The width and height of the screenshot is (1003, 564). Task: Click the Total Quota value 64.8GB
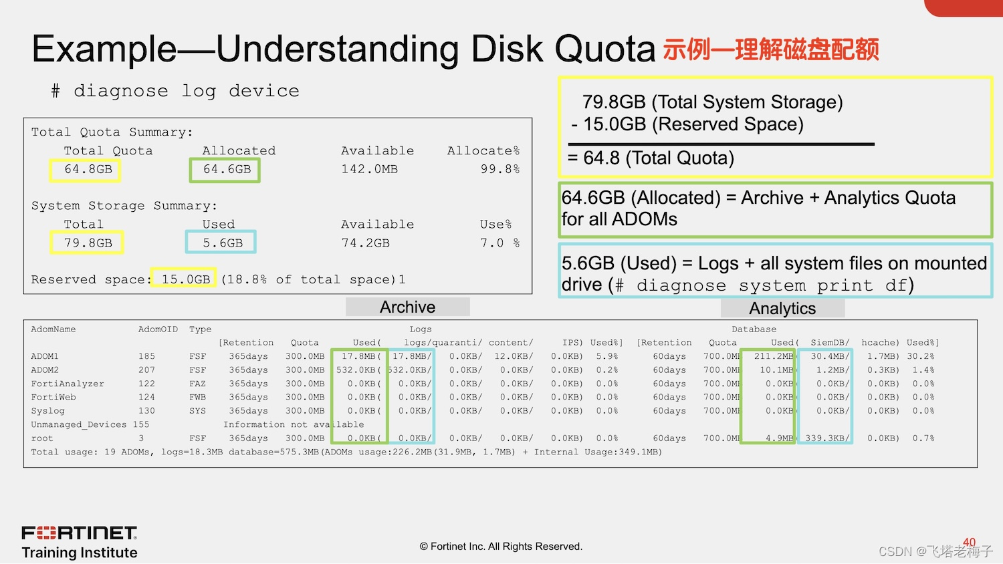(x=88, y=170)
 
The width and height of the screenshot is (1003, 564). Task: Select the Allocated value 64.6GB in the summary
(x=227, y=170)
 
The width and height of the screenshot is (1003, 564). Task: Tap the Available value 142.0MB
(x=369, y=170)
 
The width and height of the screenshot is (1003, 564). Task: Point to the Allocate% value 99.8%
(x=499, y=170)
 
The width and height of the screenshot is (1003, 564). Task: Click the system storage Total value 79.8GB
(x=88, y=243)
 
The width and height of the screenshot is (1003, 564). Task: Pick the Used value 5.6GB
(x=223, y=243)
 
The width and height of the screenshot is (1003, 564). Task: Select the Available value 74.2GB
(x=365, y=243)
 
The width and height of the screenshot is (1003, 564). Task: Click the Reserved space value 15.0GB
(x=185, y=279)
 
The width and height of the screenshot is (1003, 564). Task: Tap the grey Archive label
(x=407, y=307)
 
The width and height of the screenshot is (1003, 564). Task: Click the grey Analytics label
(x=782, y=308)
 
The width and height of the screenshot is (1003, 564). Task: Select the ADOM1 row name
(x=45, y=356)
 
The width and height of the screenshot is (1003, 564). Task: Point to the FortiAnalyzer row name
(x=68, y=384)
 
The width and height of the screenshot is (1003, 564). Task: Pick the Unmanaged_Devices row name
(x=79, y=424)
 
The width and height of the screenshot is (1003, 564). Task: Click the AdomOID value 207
(x=146, y=370)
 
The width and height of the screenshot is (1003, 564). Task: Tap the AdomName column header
(x=53, y=329)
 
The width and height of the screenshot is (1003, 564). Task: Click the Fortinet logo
(x=80, y=533)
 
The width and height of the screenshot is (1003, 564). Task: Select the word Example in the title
(x=104, y=49)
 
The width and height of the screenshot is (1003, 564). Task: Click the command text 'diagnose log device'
(x=186, y=91)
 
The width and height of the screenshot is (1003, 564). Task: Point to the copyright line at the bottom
(x=501, y=547)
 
